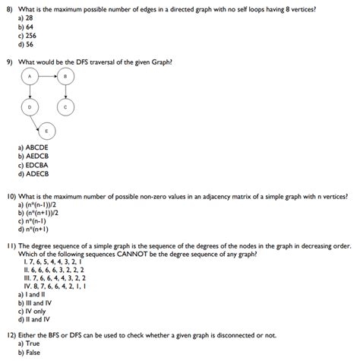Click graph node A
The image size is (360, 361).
[30, 78]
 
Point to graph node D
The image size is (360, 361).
[30, 107]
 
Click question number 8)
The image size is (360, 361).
[10, 7]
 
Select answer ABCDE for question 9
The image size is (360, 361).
[33, 147]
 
